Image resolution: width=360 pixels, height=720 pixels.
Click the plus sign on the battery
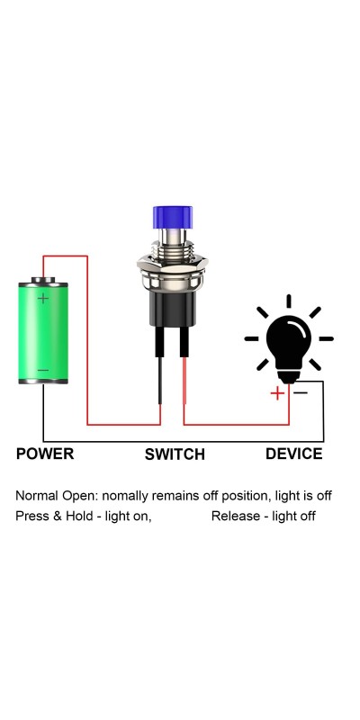(x=43, y=299)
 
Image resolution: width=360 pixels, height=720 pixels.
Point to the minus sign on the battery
(x=43, y=371)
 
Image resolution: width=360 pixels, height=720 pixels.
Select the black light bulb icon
(x=289, y=339)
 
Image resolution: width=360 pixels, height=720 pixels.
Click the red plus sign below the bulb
(x=277, y=393)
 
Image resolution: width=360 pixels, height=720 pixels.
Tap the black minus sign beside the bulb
(x=301, y=392)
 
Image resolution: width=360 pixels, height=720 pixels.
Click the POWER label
(x=45, y=454)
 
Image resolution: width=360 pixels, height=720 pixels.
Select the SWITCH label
(x=175, y=454)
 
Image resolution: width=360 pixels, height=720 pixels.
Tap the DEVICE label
(x=294, y=454)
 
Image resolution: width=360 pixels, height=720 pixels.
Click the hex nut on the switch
(x=173, y=263)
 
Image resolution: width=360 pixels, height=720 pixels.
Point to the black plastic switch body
(x=173, y=309)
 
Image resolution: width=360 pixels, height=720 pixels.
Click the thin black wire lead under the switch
(x=160, y=381)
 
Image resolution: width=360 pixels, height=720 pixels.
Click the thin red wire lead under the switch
(x=184, y=381)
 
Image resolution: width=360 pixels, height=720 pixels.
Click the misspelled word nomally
(x=125, y=497)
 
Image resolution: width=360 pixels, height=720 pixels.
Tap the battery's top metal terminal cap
(x=43, y=280)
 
